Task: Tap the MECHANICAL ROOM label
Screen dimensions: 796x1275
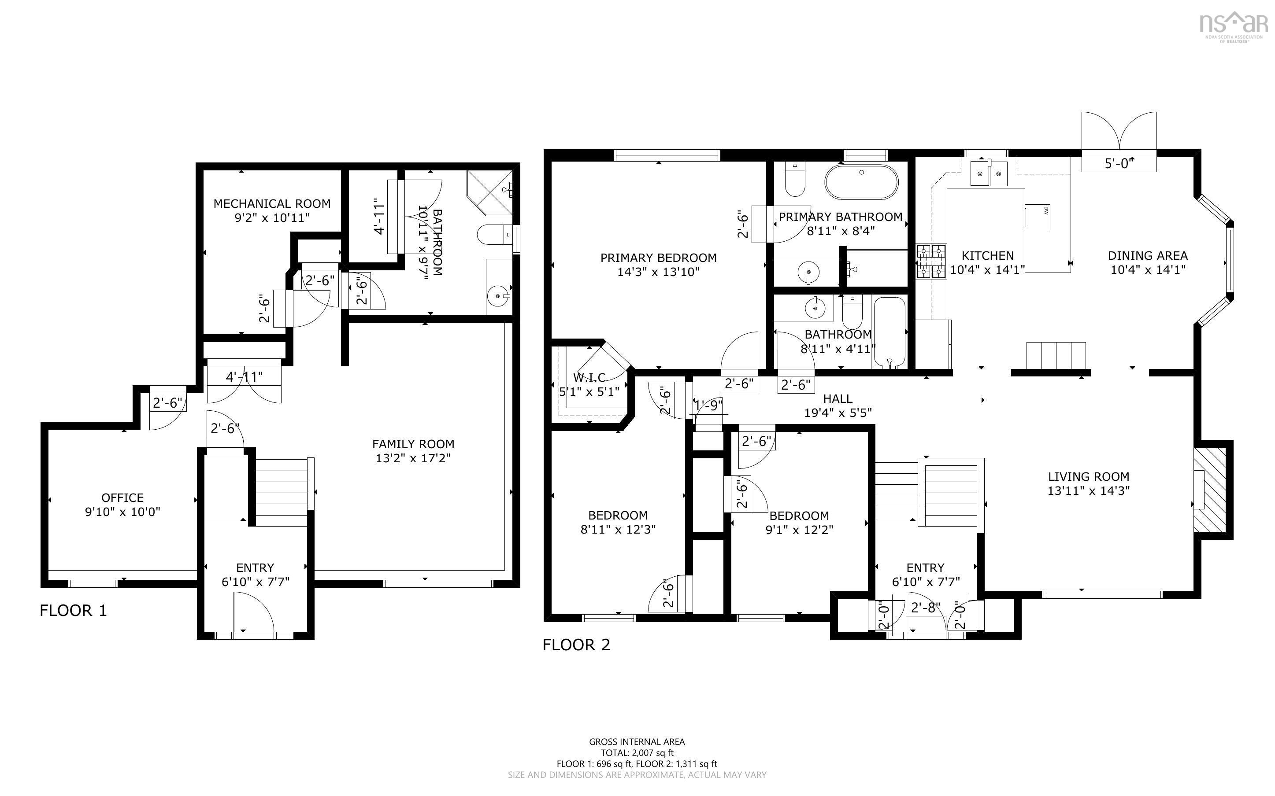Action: coord(272,204)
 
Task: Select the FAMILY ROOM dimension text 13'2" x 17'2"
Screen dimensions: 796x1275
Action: coord(413,458)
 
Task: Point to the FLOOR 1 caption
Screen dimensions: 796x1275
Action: coord(73,611)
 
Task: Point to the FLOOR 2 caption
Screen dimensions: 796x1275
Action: coord(576,645)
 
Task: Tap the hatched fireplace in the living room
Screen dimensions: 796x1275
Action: coord(1210,490)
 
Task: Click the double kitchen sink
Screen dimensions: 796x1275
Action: coord(989,174)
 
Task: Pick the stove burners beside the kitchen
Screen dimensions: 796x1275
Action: coord(930,261)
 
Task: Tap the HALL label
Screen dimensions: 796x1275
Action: coord(838,398)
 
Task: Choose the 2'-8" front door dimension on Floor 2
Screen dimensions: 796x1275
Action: coord(925,608)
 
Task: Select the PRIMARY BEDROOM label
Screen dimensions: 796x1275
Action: coord(658,258)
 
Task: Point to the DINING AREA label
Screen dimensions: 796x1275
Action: coord(1148,256)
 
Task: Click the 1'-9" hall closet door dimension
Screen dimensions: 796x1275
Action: coord(708,405)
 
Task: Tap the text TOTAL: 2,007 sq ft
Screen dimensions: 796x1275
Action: coord(637,753)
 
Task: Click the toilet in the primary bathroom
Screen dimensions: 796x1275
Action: coord(795,179)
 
